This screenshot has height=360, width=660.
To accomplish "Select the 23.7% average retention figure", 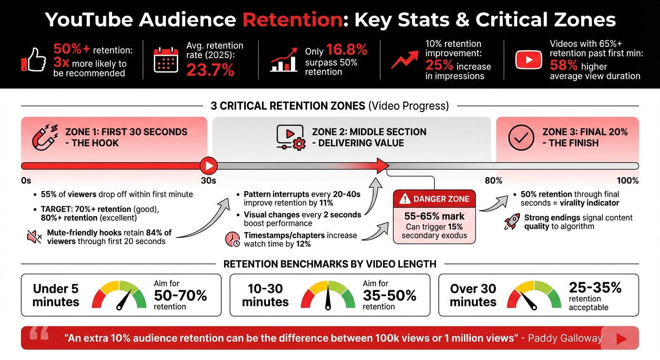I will [x=210, y=70].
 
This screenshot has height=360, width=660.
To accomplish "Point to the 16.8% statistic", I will [x=346, y=50].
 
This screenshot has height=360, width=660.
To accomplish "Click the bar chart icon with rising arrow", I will [x=284, y=60].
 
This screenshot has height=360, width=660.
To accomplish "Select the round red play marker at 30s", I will [x=208, y=165].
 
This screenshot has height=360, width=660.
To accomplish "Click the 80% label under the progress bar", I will [x=493, y=181].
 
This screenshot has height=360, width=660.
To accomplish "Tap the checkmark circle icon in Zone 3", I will [x=521, y=137].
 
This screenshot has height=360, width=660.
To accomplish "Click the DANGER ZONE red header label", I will [x=434, y=199].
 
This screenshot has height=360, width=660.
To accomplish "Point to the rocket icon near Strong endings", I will [x=511, y=222].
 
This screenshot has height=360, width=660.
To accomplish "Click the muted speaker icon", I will [x=35, y=237].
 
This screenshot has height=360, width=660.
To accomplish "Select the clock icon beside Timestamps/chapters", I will [x=232, y=239].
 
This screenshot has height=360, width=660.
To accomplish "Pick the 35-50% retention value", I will [x=389, y=296].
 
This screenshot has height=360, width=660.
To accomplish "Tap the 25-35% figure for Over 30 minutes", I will [x=595, y=287].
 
